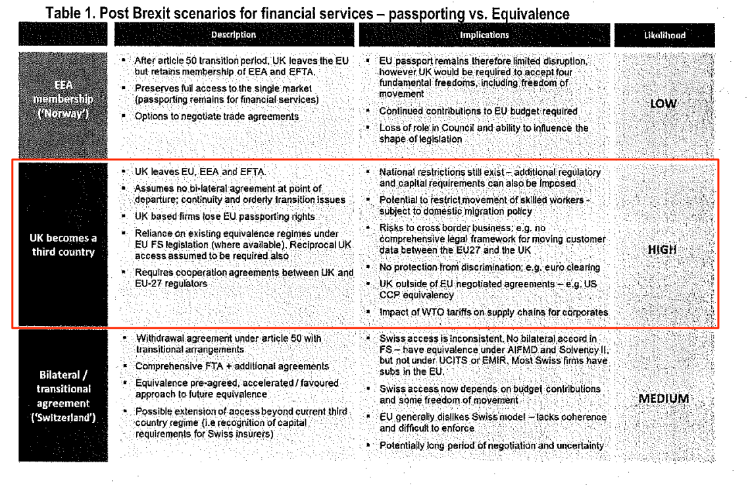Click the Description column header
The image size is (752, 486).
[234, 35]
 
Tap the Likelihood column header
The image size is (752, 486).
[664, 36]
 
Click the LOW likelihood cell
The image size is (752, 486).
[663, 103]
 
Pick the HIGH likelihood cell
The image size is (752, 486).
[662, 250]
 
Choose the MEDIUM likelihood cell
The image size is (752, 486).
[663, 399]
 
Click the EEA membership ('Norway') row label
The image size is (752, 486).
[63, 99]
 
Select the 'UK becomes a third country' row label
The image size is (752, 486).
[63, 245]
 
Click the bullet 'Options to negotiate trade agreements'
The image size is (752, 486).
[216, 117]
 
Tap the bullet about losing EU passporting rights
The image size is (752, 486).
[224, 217]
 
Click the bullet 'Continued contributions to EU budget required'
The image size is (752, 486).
[478, 111]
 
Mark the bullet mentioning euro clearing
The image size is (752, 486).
[489, 267]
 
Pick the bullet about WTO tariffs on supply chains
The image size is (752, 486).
[493, 311]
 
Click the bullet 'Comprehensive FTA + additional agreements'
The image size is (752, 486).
[232, 366]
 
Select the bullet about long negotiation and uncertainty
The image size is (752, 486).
[491, 446]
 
